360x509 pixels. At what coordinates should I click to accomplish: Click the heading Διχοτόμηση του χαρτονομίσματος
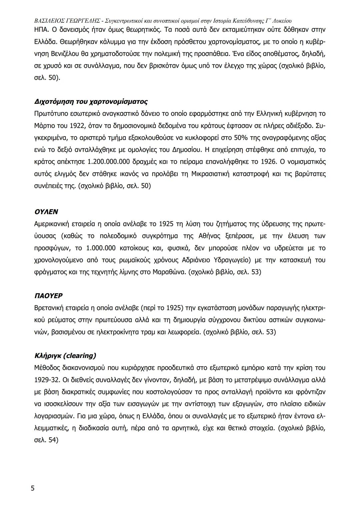(x=91, y=101)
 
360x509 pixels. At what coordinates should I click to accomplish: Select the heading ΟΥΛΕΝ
(x=46, y=212)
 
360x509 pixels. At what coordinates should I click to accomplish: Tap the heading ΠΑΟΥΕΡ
(x=48, y=296)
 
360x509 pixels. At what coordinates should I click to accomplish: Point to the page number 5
(x=32, y=488)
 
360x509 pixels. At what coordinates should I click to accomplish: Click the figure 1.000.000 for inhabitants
(x=101, y=248)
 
